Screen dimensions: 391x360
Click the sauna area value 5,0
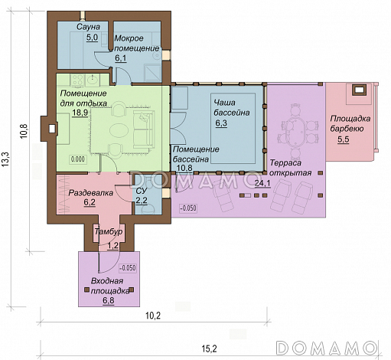point(92,38)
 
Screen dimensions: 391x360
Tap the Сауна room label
point(88,27)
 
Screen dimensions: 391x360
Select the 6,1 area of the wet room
point(121,58)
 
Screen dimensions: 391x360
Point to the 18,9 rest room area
point(80,113)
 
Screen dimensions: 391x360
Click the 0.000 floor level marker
point(78,159)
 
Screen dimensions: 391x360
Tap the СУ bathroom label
point(141,191)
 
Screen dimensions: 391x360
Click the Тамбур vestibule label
point(109,232)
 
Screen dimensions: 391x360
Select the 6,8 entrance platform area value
point(109,300)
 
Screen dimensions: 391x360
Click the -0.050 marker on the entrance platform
point(128,268)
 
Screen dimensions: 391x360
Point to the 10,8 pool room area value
point(184,168)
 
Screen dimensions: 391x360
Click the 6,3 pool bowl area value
point(221,123)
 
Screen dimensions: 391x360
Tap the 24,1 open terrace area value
point(262,183)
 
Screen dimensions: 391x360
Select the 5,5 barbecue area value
point(344,139)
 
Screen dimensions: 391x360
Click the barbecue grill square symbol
point(359,90)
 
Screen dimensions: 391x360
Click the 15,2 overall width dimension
point(209,349)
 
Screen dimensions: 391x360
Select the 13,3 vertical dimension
point(5,159)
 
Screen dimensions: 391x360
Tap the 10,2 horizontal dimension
point(153,316)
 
